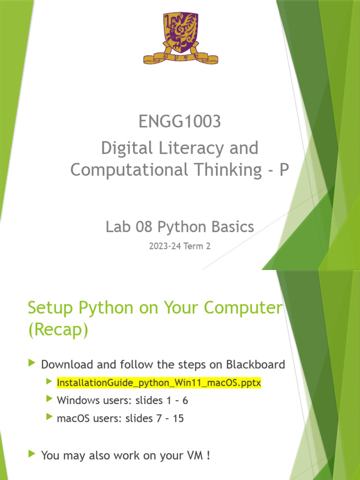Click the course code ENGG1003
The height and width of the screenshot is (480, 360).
point(180,122)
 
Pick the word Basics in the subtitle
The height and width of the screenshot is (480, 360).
point(231,227)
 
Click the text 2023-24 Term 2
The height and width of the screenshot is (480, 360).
point(180,246)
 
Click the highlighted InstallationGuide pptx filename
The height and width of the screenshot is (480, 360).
point(158,383)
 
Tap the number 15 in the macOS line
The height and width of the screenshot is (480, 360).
point(178,418)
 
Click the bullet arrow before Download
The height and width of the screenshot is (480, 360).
point(32,363)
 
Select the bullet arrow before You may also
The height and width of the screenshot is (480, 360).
point(32,454)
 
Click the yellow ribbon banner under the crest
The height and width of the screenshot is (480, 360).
point(180,59)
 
